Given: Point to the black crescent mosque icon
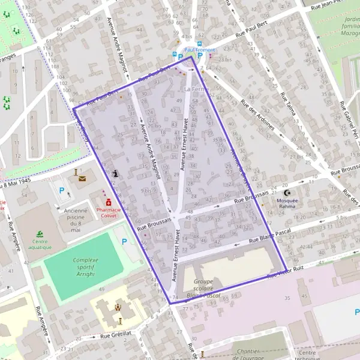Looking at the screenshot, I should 289,193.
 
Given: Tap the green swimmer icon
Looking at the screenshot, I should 39,233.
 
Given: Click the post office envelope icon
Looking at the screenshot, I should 82,178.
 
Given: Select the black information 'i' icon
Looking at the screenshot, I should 115,173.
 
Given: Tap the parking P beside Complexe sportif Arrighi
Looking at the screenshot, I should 125,242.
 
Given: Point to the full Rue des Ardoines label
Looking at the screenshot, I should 257,114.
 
